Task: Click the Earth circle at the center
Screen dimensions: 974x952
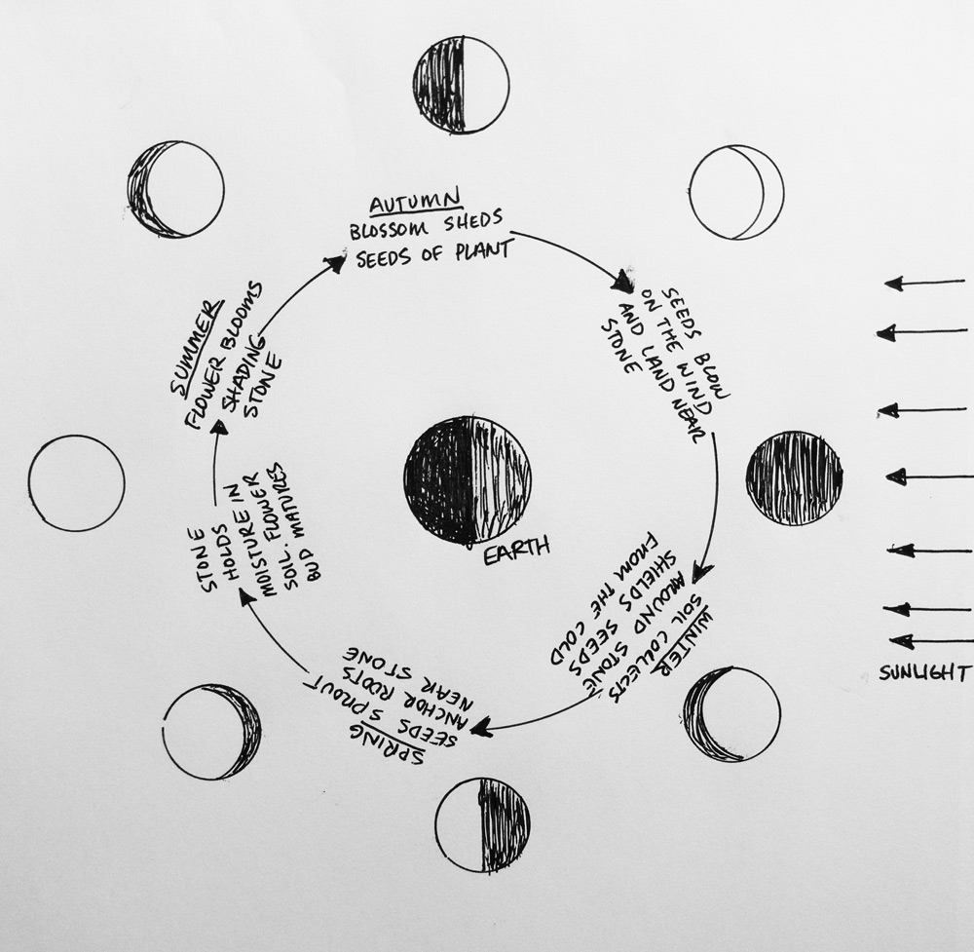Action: tap(468, 479)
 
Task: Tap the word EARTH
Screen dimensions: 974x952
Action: tap(516, 551)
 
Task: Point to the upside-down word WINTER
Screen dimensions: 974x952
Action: tap(684, 641)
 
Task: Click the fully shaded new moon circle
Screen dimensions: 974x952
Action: tap(795, 478)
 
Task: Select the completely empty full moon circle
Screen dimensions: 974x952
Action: tap(76, 483)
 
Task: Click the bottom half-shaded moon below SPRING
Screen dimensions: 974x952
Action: tap(483, 824)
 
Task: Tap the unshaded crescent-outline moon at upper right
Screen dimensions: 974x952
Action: tap(736, 193)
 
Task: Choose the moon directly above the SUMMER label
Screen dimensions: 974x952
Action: tap(175, 189)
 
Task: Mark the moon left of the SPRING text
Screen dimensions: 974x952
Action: tap(211, 732)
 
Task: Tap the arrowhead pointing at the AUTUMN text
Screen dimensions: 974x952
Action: tap(335, 261)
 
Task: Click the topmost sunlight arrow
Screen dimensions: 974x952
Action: tap(924, 284)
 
